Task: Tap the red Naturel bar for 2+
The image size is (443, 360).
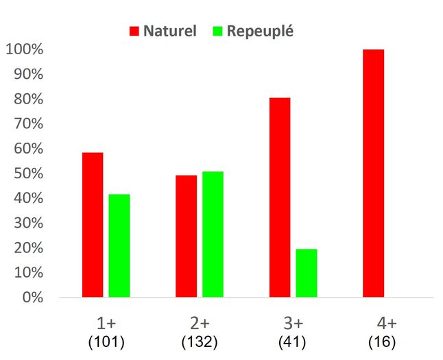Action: (187, 236)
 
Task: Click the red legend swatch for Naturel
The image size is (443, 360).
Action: (134, 31)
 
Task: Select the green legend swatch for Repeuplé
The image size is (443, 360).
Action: (218, 31)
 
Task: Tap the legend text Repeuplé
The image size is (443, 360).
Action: (260, 31)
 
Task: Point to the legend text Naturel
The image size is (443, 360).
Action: (170, 31)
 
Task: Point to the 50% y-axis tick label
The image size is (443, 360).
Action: (27, 173)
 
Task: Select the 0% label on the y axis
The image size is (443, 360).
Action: (32, 298)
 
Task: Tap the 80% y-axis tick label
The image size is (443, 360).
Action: (27, 99)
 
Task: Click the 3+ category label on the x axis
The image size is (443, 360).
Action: (294, 324)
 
